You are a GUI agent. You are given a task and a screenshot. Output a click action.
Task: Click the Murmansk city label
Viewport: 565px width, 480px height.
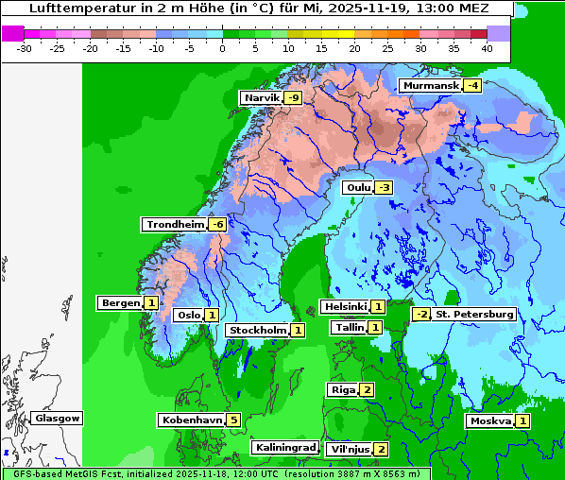[430, 86]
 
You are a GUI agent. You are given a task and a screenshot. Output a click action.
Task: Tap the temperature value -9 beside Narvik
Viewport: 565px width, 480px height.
[294, 98]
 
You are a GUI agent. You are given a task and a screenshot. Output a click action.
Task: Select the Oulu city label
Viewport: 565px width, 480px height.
[357, 187]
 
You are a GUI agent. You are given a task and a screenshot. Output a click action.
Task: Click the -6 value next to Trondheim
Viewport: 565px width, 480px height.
[217, 224]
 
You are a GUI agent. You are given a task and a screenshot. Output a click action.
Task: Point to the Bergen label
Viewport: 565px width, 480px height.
[120, 303]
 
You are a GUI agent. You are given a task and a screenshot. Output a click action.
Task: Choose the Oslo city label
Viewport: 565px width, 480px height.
[187, 315]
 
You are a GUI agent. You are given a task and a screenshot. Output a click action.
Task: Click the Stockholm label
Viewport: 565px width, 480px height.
[257, 330]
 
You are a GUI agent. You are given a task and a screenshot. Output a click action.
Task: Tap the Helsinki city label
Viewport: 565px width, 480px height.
[344, 306]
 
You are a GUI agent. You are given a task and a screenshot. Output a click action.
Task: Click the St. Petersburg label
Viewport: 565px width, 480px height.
[474, 314]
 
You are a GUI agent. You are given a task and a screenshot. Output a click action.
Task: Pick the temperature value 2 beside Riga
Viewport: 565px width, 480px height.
[367, 389]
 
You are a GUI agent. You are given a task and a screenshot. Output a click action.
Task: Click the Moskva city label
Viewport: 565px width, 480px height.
[490, 420]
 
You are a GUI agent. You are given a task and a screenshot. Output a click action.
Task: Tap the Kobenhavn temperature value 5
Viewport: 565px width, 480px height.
[233, 420]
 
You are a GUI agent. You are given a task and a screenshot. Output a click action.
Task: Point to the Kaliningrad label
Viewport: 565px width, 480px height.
[284, 447]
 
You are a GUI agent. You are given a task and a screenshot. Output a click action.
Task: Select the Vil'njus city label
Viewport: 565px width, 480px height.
[349, 449]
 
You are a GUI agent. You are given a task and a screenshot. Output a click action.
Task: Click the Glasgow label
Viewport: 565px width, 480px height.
[58, 418]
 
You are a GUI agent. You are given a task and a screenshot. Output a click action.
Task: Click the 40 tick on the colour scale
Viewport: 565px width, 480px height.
[487, 47]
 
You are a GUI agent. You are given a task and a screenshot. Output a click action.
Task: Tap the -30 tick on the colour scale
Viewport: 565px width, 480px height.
[25, 47]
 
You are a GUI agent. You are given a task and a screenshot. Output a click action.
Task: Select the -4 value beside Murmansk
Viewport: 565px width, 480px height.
[471, 86]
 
